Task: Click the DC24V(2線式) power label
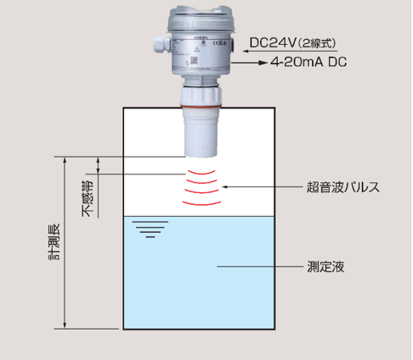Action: (x=293, y=42)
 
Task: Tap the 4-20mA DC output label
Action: (x=309, y=62)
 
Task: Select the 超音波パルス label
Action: (x=343, y=187)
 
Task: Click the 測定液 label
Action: (x=326, y=266)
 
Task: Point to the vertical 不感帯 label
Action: (x=87, y=198)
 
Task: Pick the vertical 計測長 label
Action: (x=54, y=242)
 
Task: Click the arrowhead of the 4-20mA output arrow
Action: (x=263, y=62)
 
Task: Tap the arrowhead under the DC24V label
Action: (x=247, y=51)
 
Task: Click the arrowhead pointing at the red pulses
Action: (x=225, y=187)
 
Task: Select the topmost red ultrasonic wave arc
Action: (x=202, y=173)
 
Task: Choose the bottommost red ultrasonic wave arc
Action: (x=202, y=204)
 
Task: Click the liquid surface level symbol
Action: (x=150, y=229)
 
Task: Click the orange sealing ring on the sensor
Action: (x=200, y=106)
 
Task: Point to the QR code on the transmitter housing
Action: (x=194, y=61)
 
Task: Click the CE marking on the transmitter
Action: (x=216, y=43)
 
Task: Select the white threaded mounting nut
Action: (x=201, y=96)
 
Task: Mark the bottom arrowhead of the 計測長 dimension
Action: (x=65, y=326)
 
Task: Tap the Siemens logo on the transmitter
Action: (x=201, y=38)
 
